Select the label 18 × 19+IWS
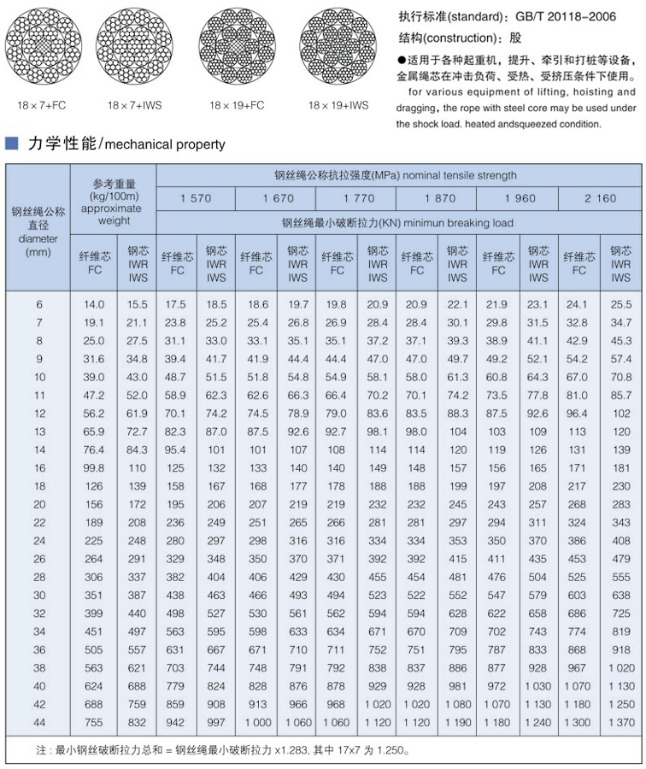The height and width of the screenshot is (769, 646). tap(338, 105)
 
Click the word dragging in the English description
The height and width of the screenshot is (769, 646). tap(416, 108)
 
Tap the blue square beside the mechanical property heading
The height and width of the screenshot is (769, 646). tap(12, 144)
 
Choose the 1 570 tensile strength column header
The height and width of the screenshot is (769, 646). tap(196, 198)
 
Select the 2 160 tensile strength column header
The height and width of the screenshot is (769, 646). tap(600, 198)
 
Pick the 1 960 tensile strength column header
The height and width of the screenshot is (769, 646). tap(520, 198)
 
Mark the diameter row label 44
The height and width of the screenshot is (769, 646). tap(38, 722)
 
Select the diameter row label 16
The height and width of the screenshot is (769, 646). tap(38, 467)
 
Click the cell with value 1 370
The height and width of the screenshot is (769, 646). tap(621, 722)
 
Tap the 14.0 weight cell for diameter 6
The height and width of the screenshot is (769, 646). tap(94, 304)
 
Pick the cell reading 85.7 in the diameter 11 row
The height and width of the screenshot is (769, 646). tap(621, 395)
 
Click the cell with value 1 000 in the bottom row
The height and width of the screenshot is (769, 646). tap(257, 722)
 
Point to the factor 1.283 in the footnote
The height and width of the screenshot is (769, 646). tap(279, 751)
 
